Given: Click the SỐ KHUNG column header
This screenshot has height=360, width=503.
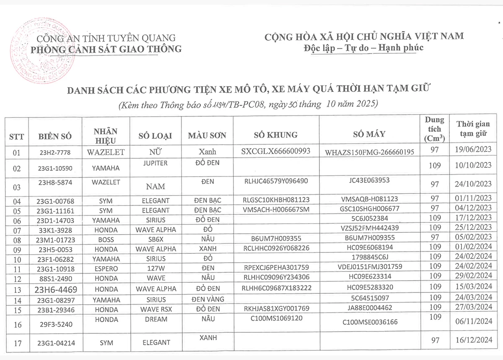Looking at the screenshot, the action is click(x=276, y=135).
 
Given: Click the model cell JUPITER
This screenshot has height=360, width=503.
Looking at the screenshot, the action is click(x=155, y=163).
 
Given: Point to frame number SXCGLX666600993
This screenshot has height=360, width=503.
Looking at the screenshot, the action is click(x=276, y=151).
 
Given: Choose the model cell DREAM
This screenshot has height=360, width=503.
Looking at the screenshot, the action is click(x=155, y=319).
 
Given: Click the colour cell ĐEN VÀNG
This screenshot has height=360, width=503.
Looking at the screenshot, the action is click(x=207, y=300).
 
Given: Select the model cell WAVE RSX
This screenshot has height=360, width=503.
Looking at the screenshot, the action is click(x=155, y=309).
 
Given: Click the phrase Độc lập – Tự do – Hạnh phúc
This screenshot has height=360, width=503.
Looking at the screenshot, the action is click(x=363, y=47).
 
